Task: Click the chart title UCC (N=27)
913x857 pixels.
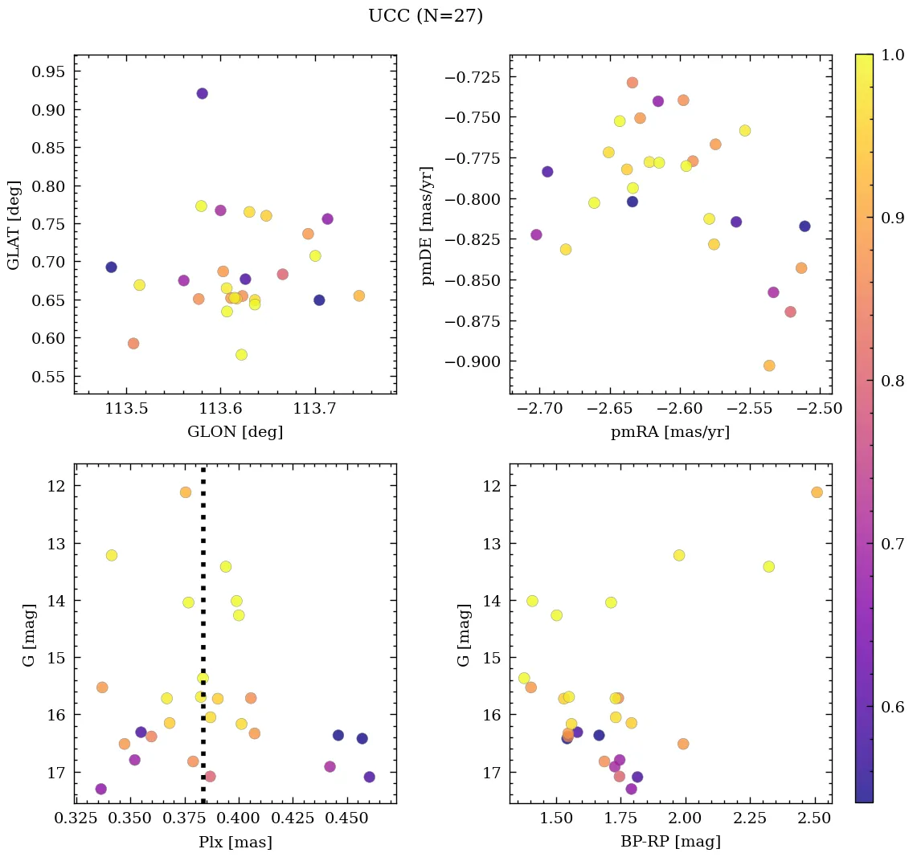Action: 425,16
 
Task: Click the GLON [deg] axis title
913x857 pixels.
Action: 235,432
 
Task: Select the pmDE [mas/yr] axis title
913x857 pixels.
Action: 428,224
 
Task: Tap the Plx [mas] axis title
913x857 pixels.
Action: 235,843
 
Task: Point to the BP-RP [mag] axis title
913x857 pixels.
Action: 670,843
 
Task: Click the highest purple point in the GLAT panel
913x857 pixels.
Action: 202,94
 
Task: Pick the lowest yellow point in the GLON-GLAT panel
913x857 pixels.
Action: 241,355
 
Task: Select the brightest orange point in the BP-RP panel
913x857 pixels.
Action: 817,492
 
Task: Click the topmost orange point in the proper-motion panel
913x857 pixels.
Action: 633,83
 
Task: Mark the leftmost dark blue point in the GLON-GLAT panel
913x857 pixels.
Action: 111,267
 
